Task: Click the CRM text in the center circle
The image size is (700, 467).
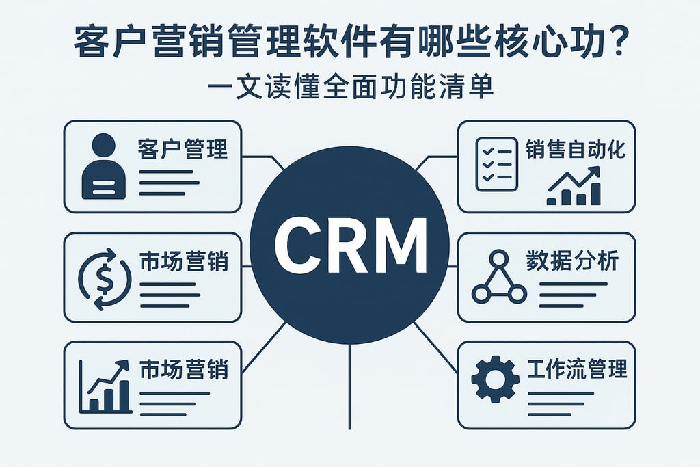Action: tap(349, 245)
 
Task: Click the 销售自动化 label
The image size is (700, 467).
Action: tap(576, 150)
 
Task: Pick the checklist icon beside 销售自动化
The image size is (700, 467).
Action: tap(496, 164)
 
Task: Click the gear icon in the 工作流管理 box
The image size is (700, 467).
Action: tap(496, 378)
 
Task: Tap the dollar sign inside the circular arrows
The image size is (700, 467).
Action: tap(105, 277)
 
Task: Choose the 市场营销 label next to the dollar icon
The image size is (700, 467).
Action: tap(183, 262)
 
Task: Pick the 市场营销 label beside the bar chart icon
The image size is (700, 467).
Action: tap(183, 370)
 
